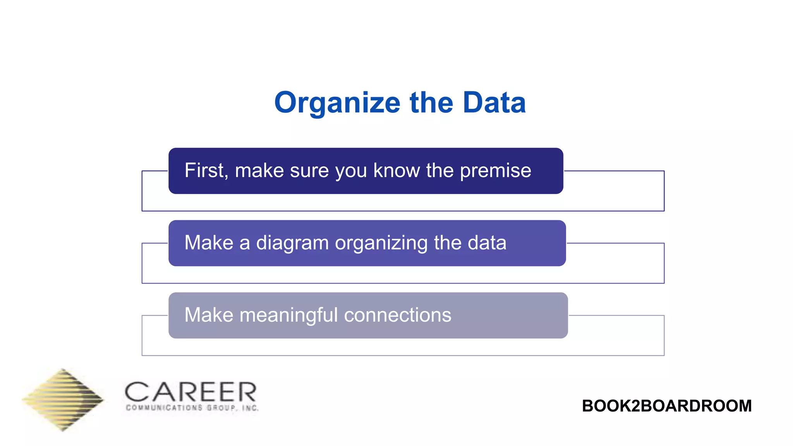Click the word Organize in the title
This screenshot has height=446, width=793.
[x=337, y=103]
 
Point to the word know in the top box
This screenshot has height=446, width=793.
[x=396, y=170]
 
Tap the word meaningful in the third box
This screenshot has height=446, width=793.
[x=288, y=315]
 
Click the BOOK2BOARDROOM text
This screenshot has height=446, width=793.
[x=666, y=406]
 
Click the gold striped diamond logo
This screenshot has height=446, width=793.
[x=63, y=400]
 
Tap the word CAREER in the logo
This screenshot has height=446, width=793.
[x=191, y=392]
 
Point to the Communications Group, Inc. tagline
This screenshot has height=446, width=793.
[x=192, y=408]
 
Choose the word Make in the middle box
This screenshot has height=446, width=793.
[x=209, y=243]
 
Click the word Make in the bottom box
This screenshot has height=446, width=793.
[x=209, y=315]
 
